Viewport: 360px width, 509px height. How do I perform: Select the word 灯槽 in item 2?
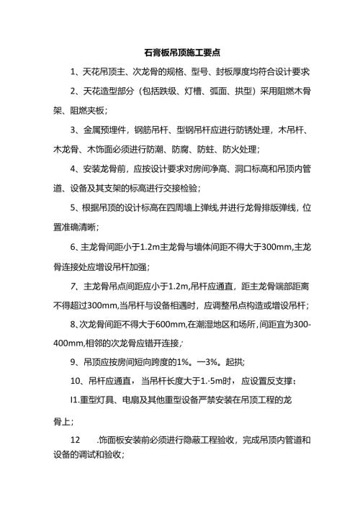203,91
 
